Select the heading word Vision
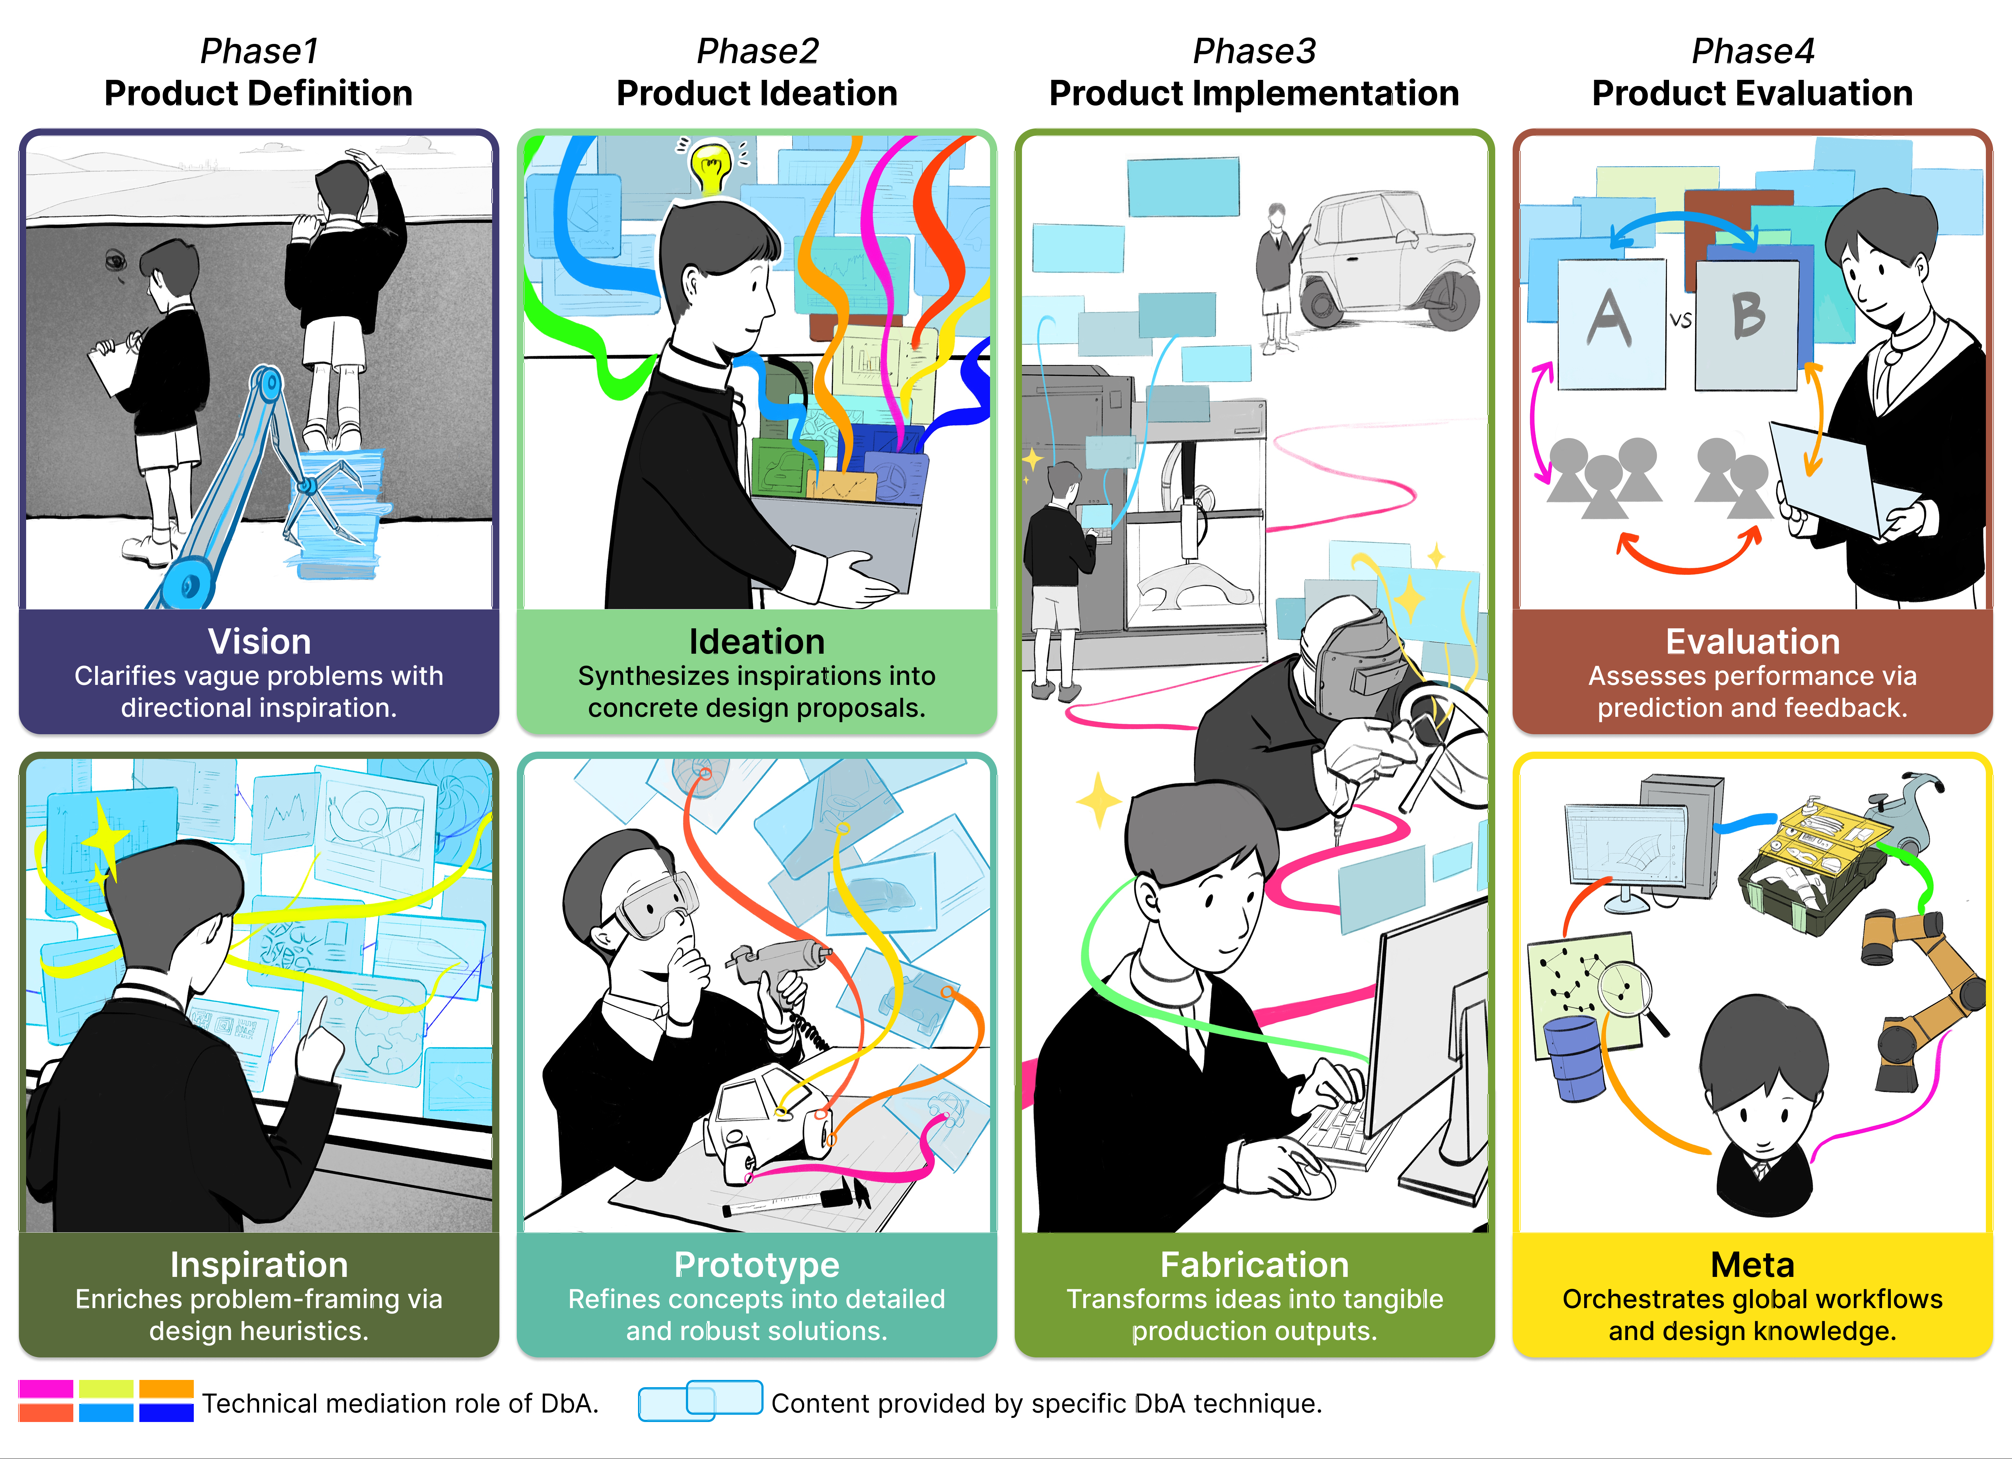coord(259,641)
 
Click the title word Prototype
coord(757,1265)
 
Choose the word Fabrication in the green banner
coord(1254,1265)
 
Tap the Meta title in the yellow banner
coord(1752,1265)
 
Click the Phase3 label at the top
coord(1254,52)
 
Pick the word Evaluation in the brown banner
coord(1752,641)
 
